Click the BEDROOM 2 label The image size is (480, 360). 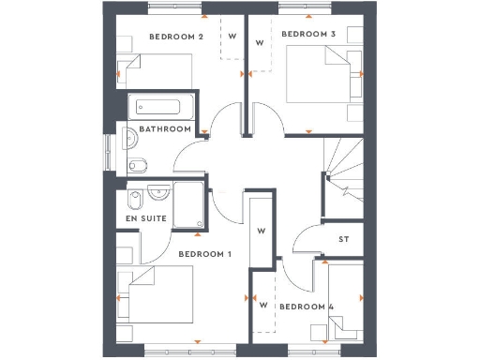coord(176,37)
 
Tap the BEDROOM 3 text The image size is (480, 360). coord(308,34)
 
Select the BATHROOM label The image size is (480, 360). coord(165,128)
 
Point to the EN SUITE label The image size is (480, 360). coord(146,218)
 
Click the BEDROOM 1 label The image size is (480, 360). coord(205,254)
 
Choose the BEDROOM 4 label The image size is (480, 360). coord(307,307)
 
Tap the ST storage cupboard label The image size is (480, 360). coord(344,239)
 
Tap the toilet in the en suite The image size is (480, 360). coord(135,199)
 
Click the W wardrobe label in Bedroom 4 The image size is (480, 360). coord(262,305)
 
